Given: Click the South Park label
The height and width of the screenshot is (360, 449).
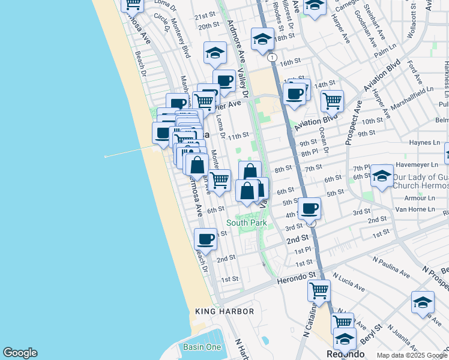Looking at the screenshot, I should (246, 223).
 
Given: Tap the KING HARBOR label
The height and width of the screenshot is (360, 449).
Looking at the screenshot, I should (224, 312).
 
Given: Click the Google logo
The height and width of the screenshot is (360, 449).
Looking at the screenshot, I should (20, 353).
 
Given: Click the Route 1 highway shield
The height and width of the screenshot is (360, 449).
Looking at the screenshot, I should (273, 57).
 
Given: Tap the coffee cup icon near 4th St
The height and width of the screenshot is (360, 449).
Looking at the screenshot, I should (309, 209).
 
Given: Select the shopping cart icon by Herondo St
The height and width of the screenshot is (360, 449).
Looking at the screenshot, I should (319, 291).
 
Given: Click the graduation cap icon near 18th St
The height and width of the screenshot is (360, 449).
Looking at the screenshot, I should (262, 40).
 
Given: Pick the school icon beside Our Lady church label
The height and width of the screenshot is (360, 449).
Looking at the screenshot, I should (382, 176).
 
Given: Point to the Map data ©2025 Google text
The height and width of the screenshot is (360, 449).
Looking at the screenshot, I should (411, 355).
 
